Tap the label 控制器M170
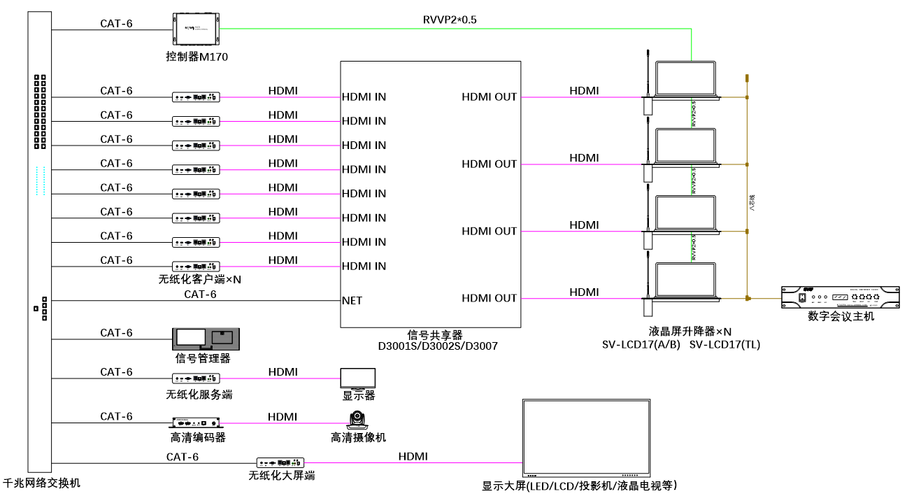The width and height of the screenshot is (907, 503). coord(192,57)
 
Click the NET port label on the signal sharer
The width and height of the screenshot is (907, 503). coord(352,301)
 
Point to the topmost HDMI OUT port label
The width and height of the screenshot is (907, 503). coord(489,97)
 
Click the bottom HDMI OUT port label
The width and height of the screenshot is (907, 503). coord(489,298)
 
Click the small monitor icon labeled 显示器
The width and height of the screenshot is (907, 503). coord(358,378)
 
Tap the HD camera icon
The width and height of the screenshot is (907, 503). coord(358,421)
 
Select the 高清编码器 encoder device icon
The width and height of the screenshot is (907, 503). coord(197,423)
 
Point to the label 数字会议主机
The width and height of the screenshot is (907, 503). coord(841,316)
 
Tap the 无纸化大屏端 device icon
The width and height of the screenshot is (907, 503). coord(280,463)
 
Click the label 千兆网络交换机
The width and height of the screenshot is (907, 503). coord(42,483)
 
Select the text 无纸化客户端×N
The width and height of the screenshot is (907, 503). coord(205,279)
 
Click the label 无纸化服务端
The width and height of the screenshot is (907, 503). coord(199,395)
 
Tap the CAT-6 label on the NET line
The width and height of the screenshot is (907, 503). coord(200,295)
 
